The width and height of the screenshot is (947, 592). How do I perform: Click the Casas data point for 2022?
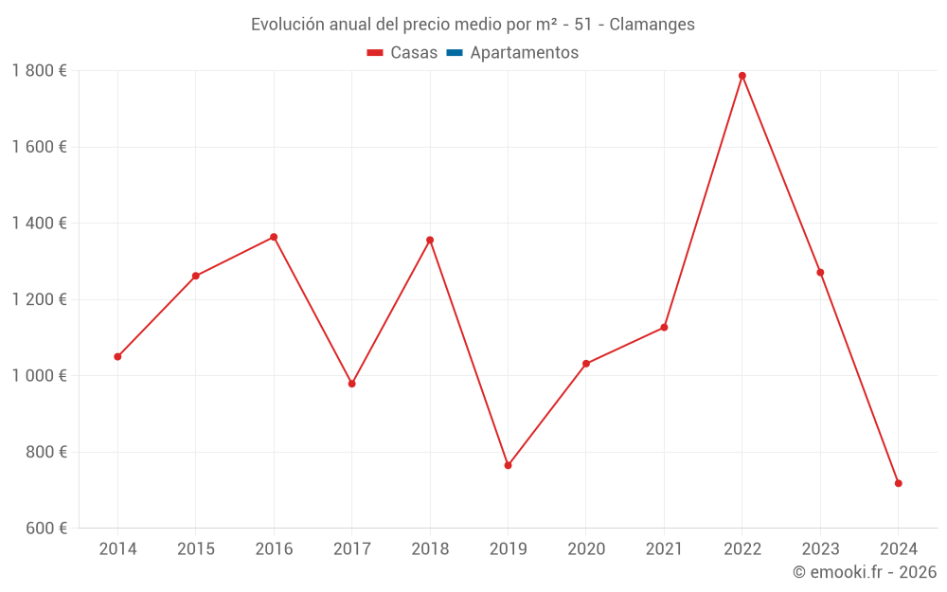[742, 76]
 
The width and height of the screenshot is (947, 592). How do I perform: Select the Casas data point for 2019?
[508, 465]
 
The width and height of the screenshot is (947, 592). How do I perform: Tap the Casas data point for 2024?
[899, 483]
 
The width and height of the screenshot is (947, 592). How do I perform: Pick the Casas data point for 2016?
[274, 237]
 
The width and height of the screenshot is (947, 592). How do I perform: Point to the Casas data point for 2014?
[117, 357]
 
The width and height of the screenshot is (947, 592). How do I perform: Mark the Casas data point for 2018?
[430, 240]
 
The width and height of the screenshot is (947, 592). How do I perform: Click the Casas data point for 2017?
[351, 384]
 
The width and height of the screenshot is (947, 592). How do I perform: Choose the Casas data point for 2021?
[664, 328]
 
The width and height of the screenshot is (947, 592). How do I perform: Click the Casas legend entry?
[402, 53]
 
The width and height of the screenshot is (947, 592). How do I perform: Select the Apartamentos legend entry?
[512, 53]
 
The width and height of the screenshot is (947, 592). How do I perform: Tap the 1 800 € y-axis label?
[39, 71]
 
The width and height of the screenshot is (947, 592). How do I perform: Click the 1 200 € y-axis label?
[39, 299]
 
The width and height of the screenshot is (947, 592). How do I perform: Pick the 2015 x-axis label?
[195, 549]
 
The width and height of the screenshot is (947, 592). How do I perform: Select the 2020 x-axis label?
[586, 549]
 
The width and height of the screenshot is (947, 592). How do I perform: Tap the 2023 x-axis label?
[820, 549]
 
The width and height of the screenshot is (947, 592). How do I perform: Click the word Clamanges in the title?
[652, 25]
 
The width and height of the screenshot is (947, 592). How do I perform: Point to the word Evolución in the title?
[286, 25]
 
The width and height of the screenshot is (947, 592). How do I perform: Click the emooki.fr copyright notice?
[865, 572]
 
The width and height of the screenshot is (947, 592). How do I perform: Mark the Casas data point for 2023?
[820, 273]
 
